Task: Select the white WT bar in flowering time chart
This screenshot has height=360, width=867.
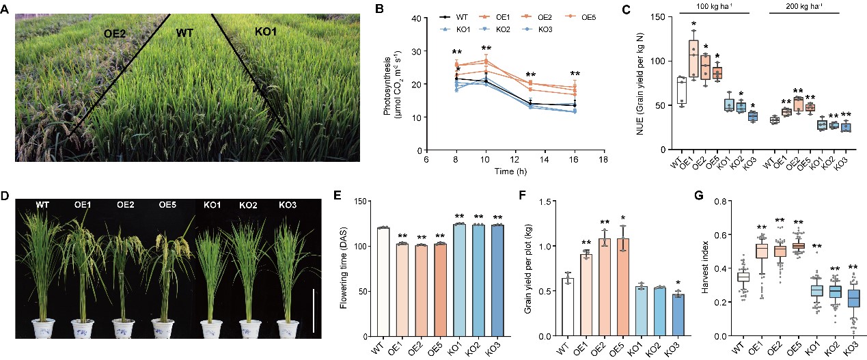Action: click(383, 281)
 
